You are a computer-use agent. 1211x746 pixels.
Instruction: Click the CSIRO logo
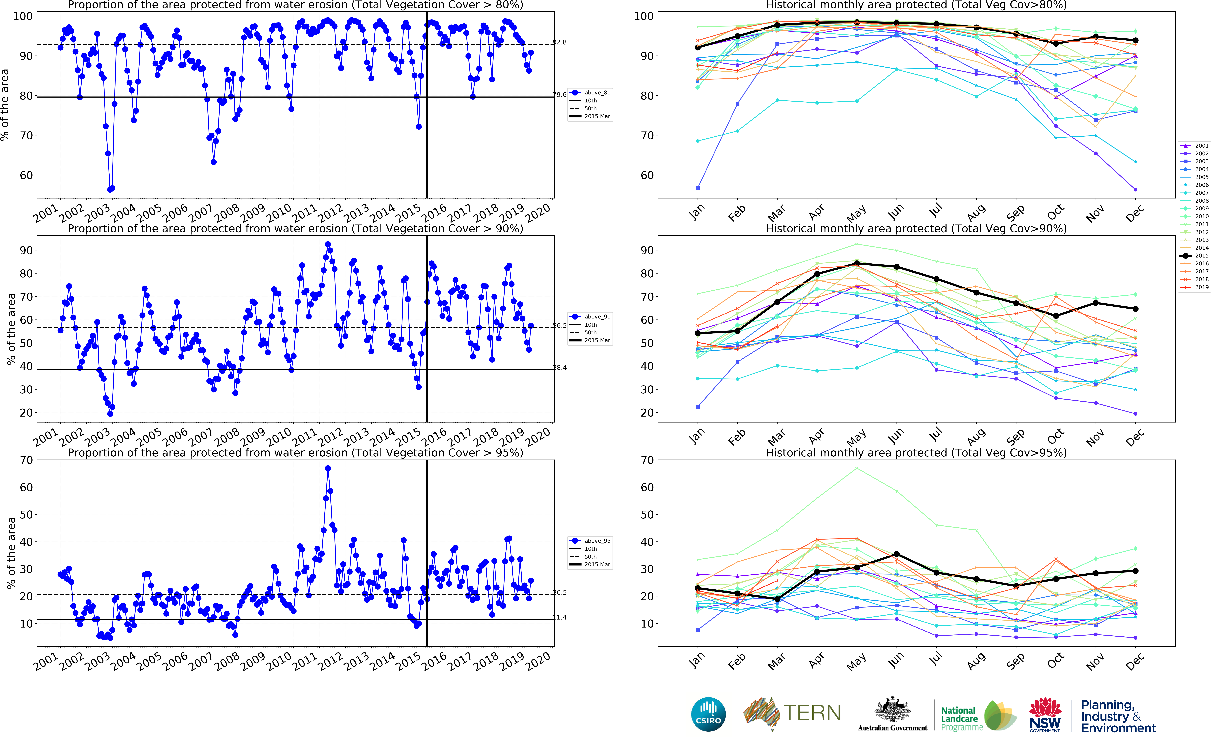708,714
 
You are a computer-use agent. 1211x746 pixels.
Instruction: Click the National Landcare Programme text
959,718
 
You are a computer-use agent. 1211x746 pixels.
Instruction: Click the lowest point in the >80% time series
110,189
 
